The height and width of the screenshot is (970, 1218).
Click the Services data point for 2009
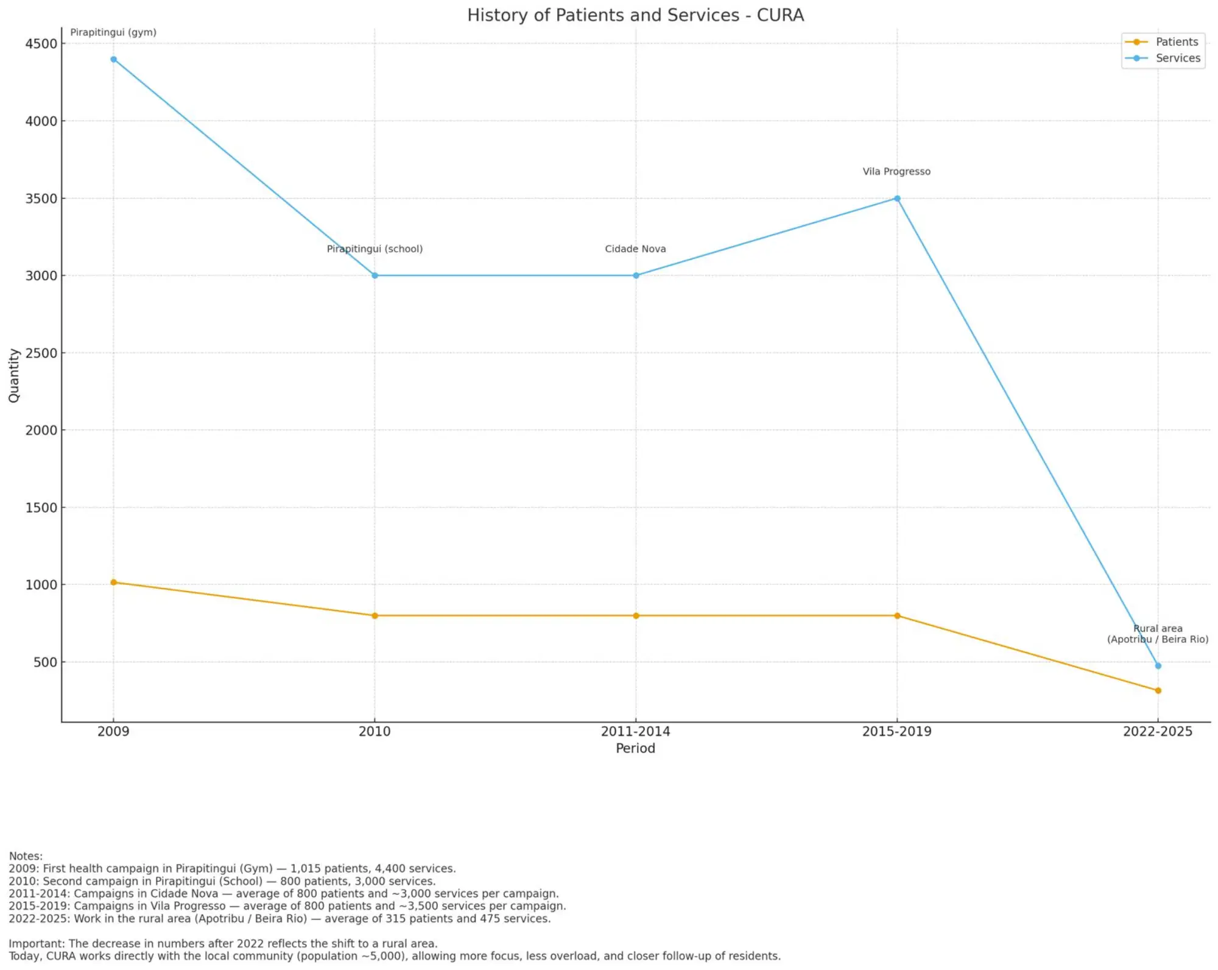[113, 59]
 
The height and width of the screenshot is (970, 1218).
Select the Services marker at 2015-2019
[897, 199]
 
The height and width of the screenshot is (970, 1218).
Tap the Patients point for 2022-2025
[1158, 690]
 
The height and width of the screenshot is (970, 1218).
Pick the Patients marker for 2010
[375, 615]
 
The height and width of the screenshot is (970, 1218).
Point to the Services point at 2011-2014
[636, 275]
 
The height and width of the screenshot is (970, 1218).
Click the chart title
[635, 15]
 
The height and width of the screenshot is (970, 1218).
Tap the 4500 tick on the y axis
[41, 44]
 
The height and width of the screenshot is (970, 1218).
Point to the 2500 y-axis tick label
[41, 353]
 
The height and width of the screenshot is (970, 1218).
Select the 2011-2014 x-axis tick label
[635, 731]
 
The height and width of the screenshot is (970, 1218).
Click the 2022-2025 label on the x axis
[1157, 731]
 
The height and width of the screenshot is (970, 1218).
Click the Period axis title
[635, 748]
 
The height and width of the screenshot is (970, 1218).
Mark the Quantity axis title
[14, 375]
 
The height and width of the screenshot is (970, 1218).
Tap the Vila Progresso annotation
[896, 171]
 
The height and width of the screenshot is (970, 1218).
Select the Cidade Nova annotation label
[635, 249]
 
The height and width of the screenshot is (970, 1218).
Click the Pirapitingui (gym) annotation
[113, 32]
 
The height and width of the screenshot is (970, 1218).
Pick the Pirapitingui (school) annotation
[375, 249]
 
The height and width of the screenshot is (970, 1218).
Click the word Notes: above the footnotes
[26, 856]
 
